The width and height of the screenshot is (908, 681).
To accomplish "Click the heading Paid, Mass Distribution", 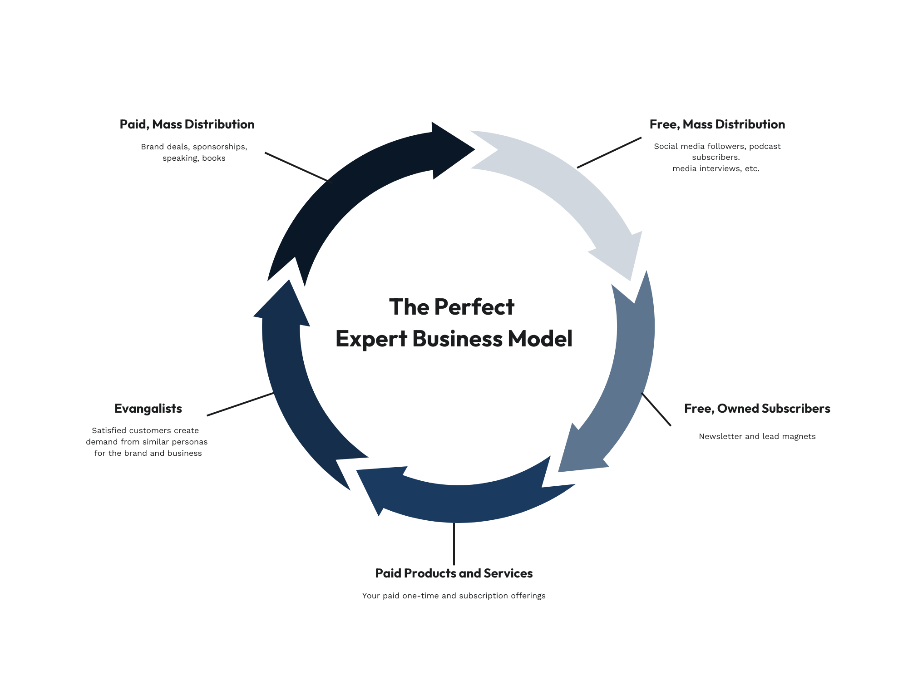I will click(187, 124).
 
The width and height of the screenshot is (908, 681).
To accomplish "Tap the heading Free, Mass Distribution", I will click(717, 124).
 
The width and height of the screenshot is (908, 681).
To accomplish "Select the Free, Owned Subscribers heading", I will click(757, 409).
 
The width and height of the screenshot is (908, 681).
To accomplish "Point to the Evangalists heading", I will click(148, 409).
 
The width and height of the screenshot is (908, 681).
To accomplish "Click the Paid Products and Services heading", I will click(454, 573).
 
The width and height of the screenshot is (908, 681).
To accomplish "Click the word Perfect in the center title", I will click(474, 307).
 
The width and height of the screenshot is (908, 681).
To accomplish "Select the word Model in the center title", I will click(540, 339).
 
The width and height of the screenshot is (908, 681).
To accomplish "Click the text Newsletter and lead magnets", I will click(757, 436).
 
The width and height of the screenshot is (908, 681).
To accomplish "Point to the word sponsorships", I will click(220, 147).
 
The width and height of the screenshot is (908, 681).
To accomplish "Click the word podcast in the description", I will click(765, 147).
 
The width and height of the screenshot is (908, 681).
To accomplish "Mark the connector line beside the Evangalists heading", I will click(241, 404).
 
